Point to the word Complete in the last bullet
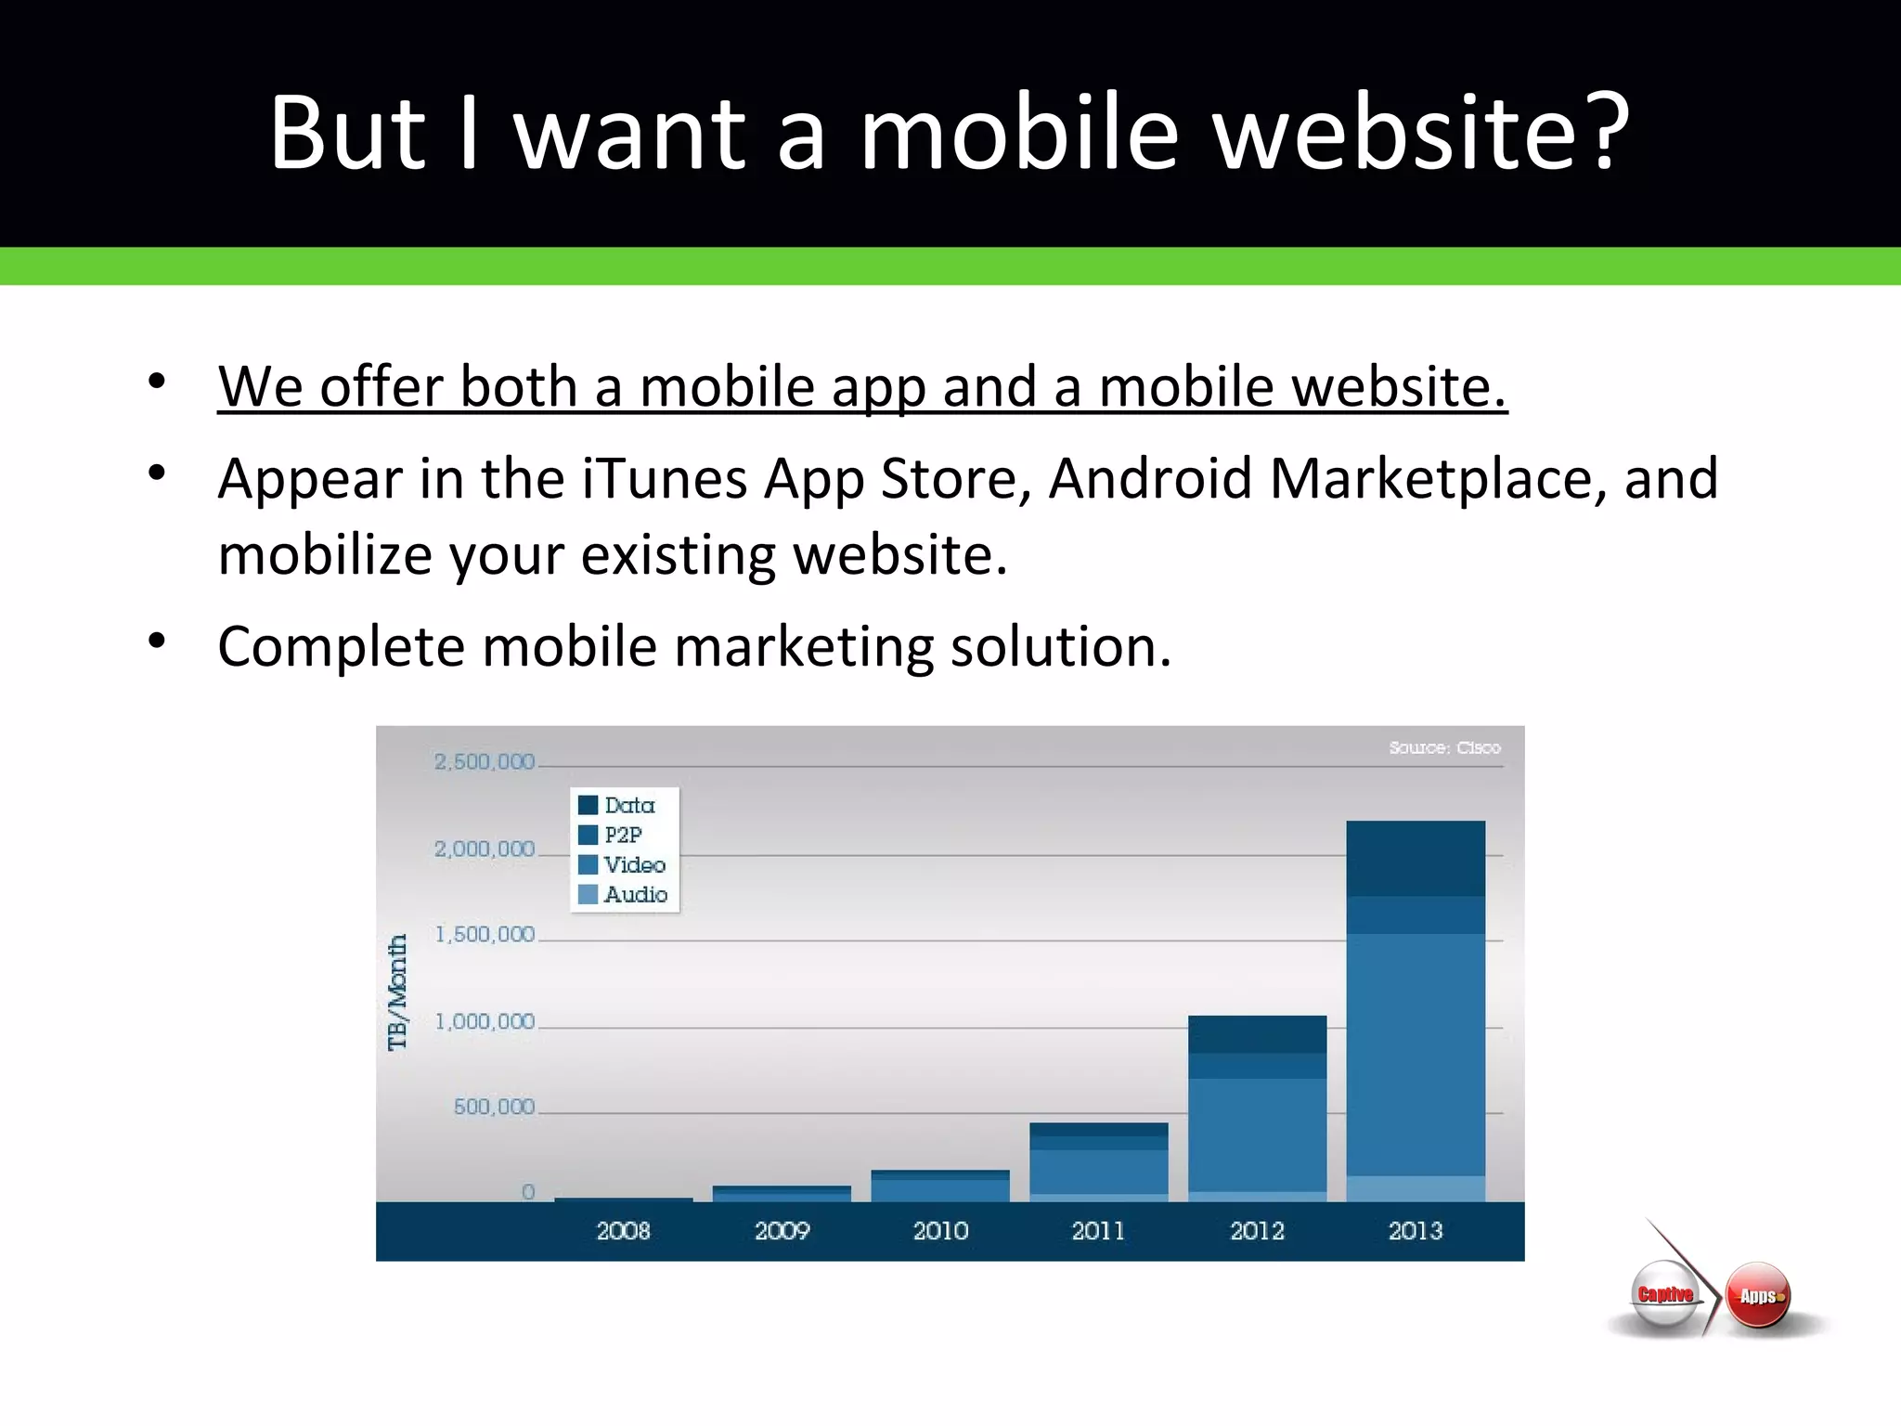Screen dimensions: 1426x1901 (341, 646)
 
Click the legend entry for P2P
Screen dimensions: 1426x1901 (623, 835)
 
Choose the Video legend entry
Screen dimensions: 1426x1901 (635, 864)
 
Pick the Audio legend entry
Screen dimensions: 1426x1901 (636, 894)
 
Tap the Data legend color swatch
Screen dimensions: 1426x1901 (588, 805)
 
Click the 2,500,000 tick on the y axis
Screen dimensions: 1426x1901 (484, 762)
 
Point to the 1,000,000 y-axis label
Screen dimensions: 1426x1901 (485, 1022)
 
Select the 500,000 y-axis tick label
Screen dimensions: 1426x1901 (494, 1107)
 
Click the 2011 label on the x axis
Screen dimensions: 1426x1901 (1098, 1231)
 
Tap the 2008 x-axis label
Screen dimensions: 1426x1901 (623, 1231)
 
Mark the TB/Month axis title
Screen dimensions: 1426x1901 (397, 992)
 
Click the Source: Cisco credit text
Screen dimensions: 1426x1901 (1444, 747)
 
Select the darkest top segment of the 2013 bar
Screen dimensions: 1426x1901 (1416, 858)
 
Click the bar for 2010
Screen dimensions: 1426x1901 (940, 1186)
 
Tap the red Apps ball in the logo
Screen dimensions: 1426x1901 (1757, 1295)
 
